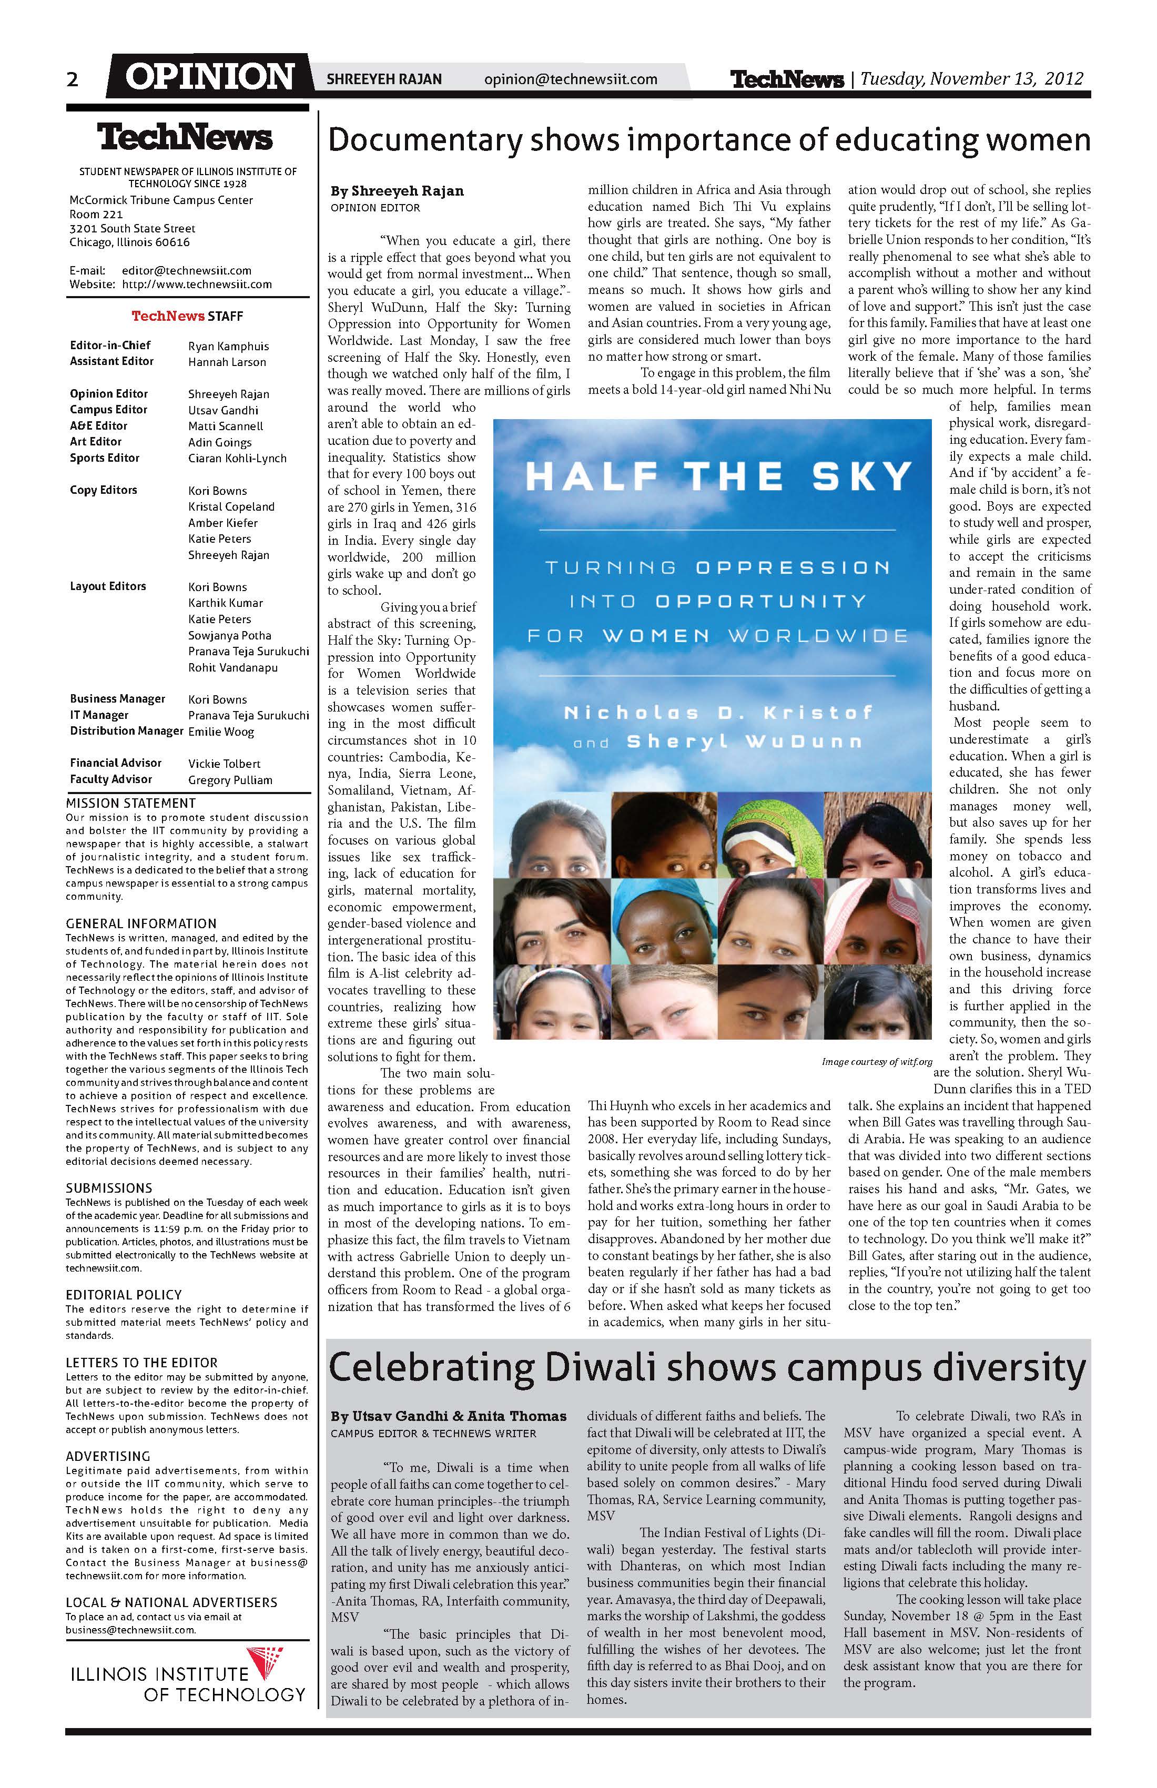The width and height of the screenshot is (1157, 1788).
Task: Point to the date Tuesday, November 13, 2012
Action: click(x=971, y=79)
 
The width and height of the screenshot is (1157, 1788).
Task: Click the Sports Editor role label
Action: click(x=105, y=458)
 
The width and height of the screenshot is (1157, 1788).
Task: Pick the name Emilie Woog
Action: click(x=221, y=732)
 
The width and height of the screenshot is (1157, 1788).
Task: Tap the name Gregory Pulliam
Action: click(x=230, y=780)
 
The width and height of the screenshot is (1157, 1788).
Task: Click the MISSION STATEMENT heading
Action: click(x=131, y=803)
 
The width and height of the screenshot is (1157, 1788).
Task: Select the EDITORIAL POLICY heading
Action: click(x=123, y=1294)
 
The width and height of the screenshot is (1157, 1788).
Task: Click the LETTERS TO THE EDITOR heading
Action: click(x=141, y=1362)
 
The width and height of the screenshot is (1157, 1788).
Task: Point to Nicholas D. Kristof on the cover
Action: click(x=718, y=712)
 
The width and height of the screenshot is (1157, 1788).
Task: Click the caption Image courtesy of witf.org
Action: click(x=876, y=1062)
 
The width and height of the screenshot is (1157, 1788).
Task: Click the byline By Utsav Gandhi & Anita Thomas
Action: click(x=448, y=1416)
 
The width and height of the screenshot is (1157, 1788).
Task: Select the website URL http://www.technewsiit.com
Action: click(x=196, y=284)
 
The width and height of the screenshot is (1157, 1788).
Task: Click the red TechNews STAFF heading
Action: click(x=187, y=316)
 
